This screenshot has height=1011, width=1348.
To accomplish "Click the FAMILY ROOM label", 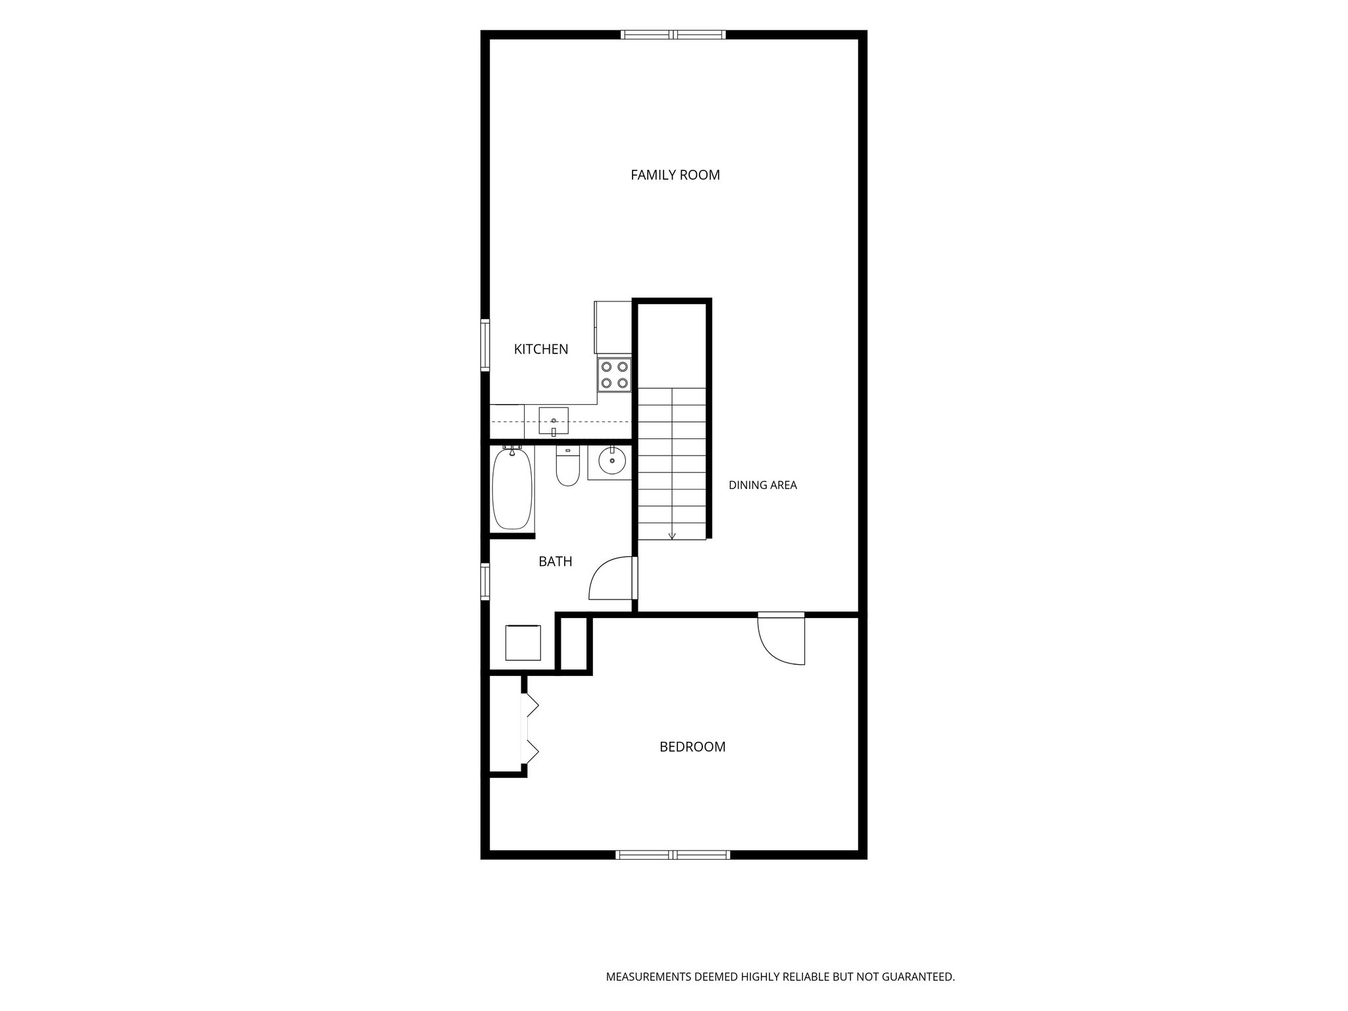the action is pyautogui.click(x=675, y=175).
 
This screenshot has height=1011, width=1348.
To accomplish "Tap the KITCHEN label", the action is pyautogui.click(x=541, y=350).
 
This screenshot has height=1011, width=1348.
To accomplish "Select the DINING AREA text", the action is pyautogui.click(x=763, y=485).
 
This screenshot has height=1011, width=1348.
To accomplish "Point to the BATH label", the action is pyautogui.click(x=556, y=561).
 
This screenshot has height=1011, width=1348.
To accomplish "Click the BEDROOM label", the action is pyautogui.click(x=692, y=747).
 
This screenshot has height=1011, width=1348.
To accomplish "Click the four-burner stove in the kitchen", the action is pyautogui.click(x=615, y=375).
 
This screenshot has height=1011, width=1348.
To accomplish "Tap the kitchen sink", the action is pyautogui.click(x=554, y=421).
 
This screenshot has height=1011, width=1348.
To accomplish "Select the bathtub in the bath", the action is pyautogui.click(x=512, y=488).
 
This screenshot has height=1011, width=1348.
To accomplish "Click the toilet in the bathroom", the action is pyautogui.click(x=567, y=466).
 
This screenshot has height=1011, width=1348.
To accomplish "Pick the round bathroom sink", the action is pyautogui.click(x=611, y=461).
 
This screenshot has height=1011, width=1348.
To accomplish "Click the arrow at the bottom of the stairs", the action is pyautogui.click(x=672, y=536).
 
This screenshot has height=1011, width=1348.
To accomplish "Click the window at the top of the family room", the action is pyautogui.click(x=673, y=35).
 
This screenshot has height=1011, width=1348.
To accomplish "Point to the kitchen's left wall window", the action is pyautogui.click(x=485, y=345).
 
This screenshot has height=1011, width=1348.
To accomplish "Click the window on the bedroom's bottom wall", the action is pyautogui.click(x=673, y=855).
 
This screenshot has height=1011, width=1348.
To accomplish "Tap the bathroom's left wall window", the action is pyautogui.click(x=485, y=582).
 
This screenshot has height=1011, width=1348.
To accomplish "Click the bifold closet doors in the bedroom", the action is pyautogui.click(x=531, y=729).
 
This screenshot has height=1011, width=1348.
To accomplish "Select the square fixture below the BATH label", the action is pyautogui.click(x=523, y=643).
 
